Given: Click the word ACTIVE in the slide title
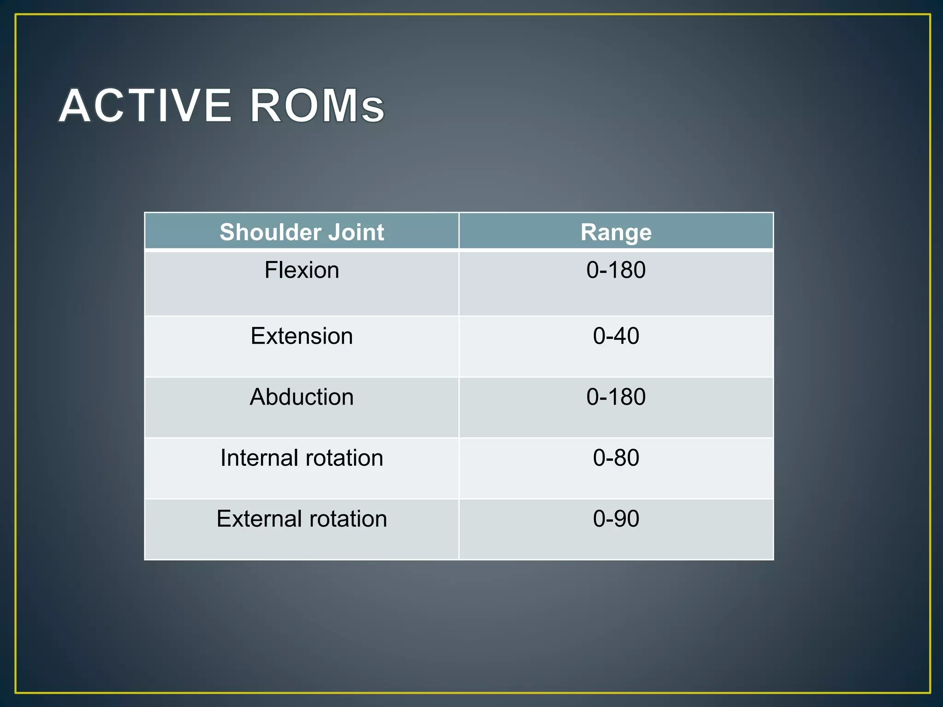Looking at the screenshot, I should (145, 106).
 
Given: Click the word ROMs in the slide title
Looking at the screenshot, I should (317, 106).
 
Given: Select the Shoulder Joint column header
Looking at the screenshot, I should (302, 232).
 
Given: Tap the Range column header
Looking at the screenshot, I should (616, 232).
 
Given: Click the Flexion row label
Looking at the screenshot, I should (302, 270).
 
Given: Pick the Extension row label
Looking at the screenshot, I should (302, 336).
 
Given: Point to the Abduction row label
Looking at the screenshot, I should (302, 397).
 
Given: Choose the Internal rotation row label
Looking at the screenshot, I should (302, 458).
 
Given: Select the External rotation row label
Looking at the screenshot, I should (302, 519).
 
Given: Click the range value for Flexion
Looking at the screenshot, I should (616, 270).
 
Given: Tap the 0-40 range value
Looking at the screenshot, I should (616, 336).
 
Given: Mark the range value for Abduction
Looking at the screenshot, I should (616, 397).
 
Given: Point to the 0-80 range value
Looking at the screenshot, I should (616, 458).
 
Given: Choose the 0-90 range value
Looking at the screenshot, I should (616, 519).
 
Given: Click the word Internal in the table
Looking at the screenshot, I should (259, 458).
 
